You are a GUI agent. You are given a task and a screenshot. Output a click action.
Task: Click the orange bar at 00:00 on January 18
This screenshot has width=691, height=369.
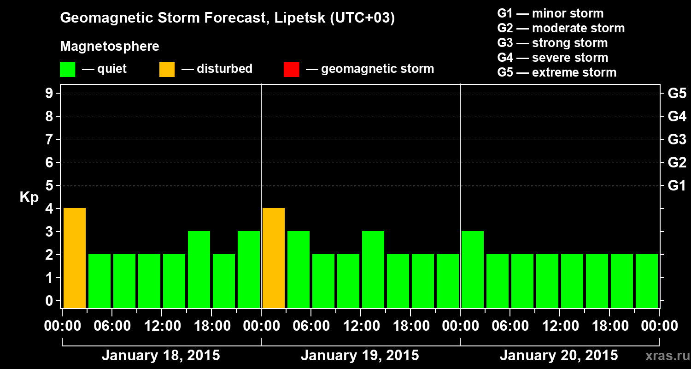(75, 258)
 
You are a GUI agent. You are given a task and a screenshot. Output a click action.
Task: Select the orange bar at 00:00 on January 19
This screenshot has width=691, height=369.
(274, 258)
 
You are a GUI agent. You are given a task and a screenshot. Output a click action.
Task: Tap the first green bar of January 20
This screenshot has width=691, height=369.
(473, 269)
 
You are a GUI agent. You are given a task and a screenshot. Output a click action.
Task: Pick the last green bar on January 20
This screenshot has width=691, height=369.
(647, 281)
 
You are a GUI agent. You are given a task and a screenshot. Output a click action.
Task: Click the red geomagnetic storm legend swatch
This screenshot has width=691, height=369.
(291, 69)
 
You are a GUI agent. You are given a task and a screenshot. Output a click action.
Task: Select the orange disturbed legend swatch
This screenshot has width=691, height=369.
(167, 69)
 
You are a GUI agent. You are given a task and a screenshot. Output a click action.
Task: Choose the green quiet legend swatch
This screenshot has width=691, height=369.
(67, 69)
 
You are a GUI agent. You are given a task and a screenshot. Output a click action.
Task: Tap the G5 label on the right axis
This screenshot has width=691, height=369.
(677, 94)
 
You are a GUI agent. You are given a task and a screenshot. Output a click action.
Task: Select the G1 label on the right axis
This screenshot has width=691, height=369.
(677, 186)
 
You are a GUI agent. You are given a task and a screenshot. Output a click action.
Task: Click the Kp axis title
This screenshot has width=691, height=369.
(29, 198)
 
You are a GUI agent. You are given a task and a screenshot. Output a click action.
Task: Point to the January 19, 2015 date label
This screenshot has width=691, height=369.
(360, 356)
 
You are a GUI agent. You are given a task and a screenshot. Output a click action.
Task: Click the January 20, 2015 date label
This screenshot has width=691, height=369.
(559, 356)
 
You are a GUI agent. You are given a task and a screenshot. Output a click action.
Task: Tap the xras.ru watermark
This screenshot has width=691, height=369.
(665, 356)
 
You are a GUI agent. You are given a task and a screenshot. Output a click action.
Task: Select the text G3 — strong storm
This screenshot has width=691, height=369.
(552, 43)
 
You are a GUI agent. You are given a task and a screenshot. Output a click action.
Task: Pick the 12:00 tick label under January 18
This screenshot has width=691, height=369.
(162, 326)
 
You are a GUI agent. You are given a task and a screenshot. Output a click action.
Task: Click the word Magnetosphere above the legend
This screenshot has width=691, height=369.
(110, 47)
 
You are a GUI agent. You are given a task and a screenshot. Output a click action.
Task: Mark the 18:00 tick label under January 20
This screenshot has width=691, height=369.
(609, 326)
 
